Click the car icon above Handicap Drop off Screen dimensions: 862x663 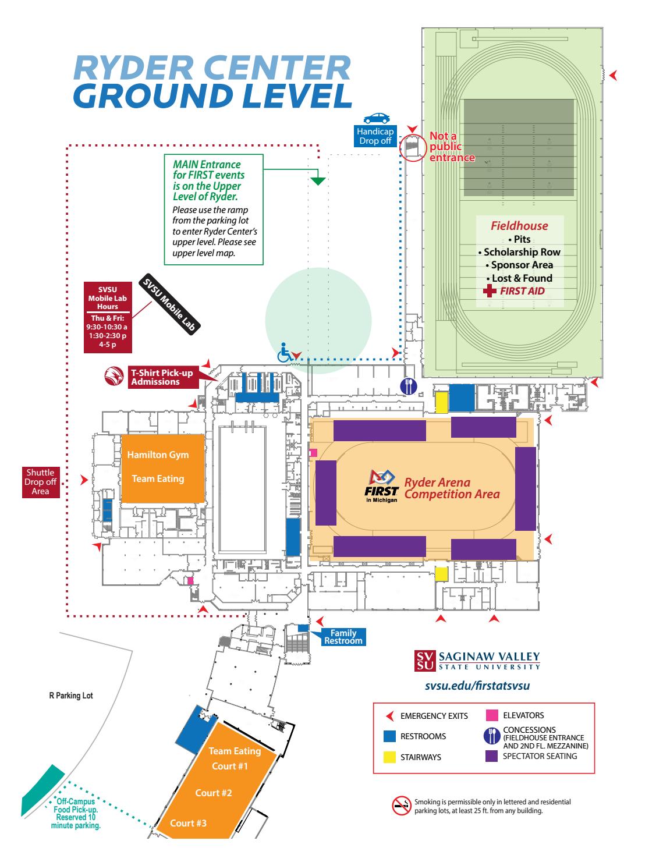(376, 118)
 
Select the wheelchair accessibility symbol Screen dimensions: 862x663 (285, 353)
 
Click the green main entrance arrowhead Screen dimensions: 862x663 (317, 180)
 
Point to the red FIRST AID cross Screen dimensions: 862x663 (491, 290)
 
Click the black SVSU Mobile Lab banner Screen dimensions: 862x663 (170, 304)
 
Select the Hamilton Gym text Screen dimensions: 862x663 (158, 455)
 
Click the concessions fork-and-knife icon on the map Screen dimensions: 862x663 (408, 386)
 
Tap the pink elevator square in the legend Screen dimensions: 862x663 (492, 715)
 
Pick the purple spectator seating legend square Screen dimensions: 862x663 (492, 756)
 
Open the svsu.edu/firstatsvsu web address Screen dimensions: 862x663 (477, 686)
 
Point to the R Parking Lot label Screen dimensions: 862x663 (70, 696)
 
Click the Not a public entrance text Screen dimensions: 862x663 (452, 147)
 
